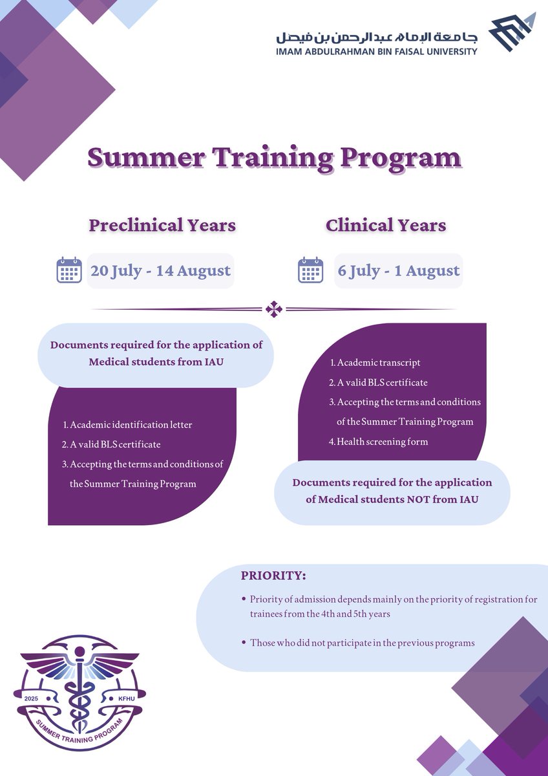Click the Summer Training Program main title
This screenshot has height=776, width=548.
274,157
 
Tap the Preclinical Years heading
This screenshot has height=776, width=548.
162,225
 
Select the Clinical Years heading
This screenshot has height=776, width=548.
386,225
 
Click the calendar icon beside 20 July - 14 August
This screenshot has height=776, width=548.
69,270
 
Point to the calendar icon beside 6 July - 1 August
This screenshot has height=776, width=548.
310,270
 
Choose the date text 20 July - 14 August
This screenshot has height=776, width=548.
160,270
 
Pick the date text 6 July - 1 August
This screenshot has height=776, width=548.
399,270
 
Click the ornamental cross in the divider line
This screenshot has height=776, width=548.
274,310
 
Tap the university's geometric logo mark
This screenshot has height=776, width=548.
512,32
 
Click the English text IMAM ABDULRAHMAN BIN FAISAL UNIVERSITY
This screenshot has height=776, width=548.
376,51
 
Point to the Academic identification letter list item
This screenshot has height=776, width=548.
131,425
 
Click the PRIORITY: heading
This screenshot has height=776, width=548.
273,576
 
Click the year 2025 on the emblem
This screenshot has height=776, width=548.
31,698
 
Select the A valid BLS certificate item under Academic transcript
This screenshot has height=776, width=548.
382,382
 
